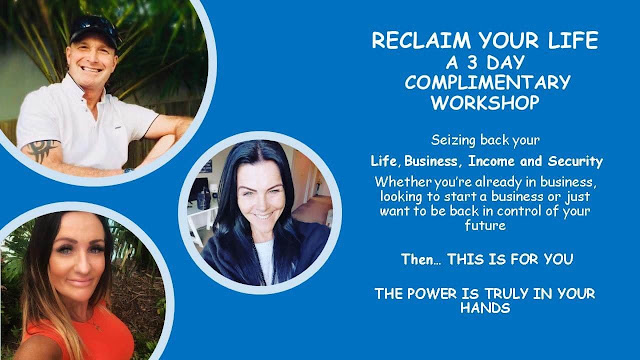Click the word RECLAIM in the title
pos(421,40)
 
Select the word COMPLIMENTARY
pos(487,82)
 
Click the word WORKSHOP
pos(485,102)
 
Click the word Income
pos(492,161)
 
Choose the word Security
pos(575,161)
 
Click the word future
pos(485,225)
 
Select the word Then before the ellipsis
pos(417,259)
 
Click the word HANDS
pos(485,307)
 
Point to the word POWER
pos(431,293)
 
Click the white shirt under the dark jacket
pos(265,261)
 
